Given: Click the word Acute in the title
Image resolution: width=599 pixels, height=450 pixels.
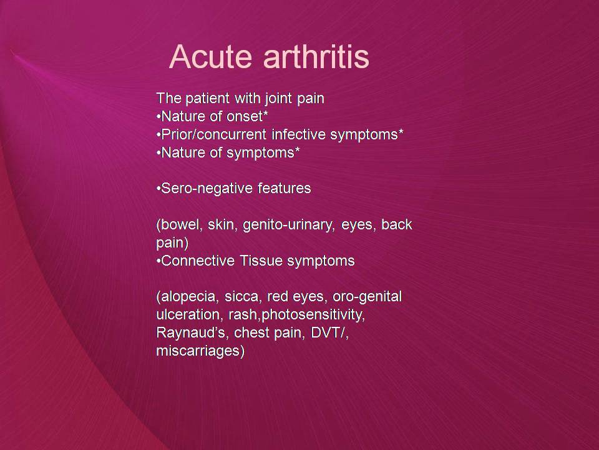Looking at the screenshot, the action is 210,57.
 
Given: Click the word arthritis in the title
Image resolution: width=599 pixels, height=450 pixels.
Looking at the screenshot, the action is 316,57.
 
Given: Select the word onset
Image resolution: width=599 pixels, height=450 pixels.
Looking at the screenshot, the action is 245,116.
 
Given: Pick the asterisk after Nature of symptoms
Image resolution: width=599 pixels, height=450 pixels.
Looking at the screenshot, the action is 297,149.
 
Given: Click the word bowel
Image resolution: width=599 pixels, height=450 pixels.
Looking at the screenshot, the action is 180,224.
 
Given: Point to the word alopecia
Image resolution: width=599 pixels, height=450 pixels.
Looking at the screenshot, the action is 188,296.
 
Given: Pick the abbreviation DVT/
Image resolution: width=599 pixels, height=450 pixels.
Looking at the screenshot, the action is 329,332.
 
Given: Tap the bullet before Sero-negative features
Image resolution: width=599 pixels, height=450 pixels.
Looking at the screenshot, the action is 158,189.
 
